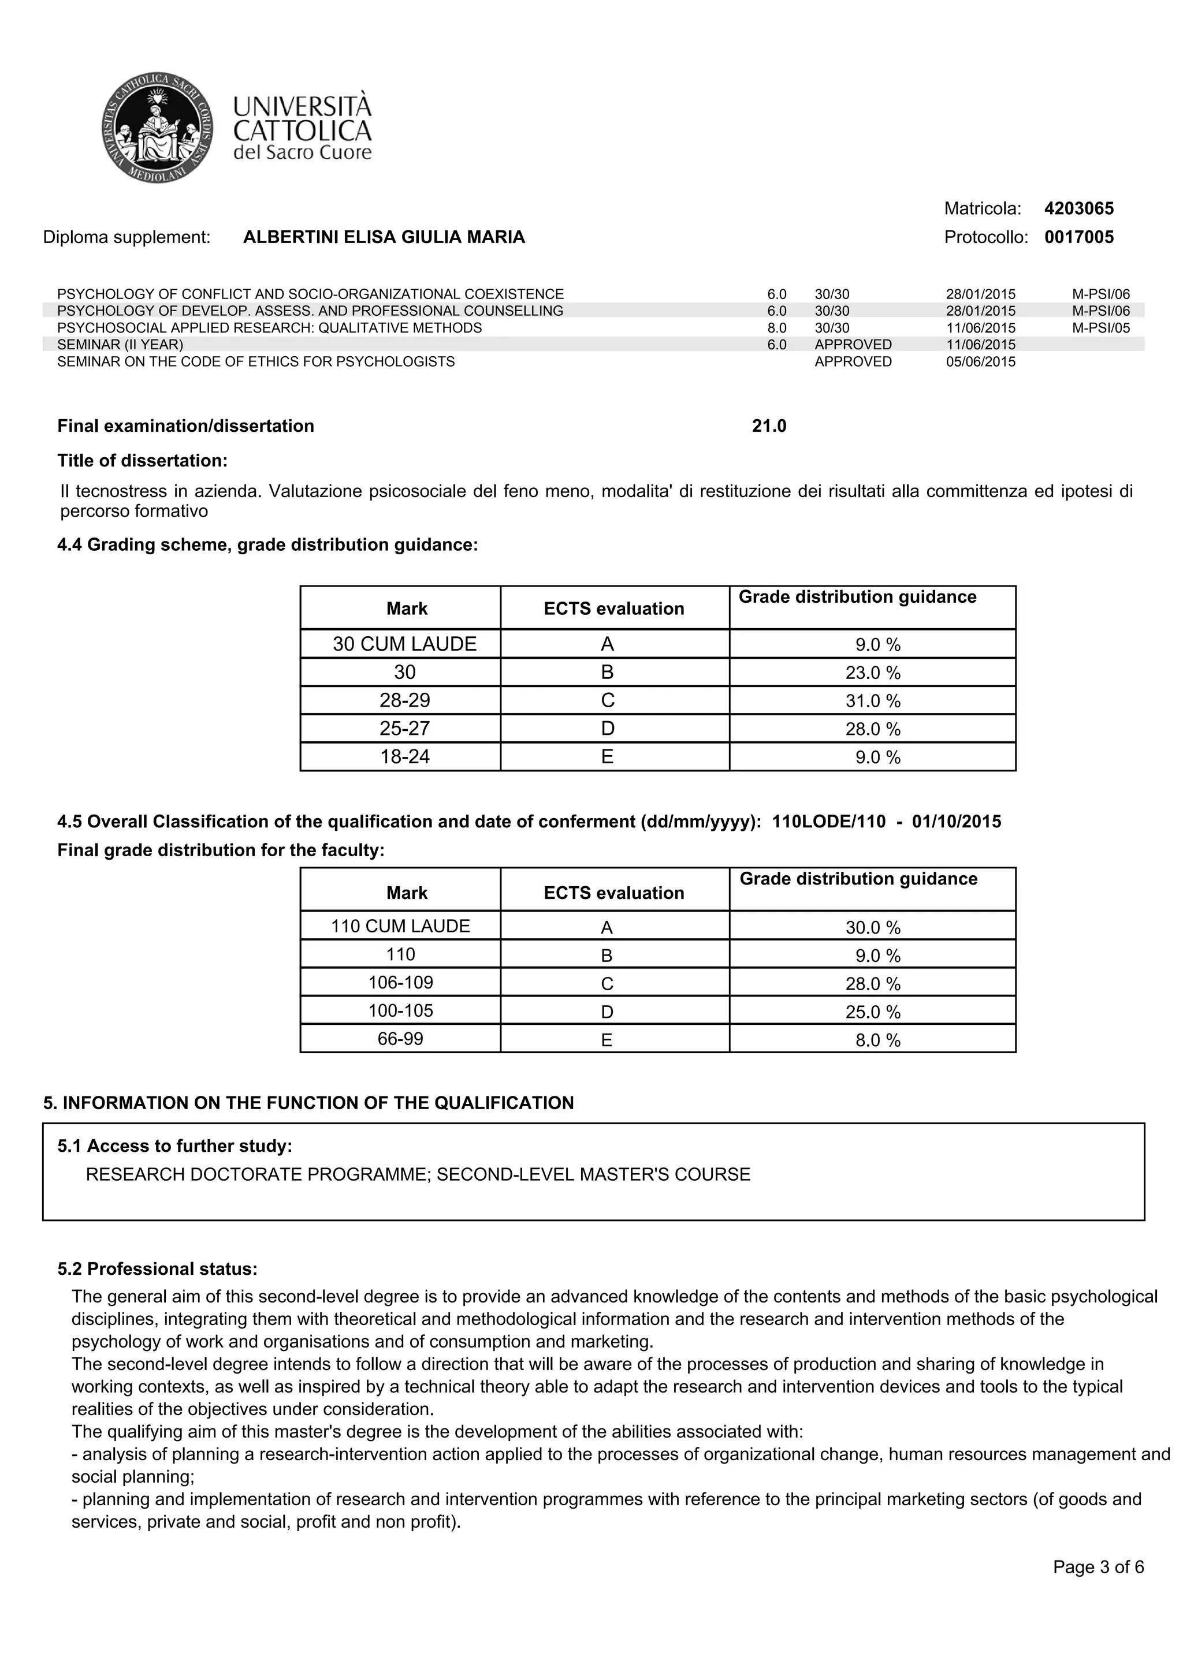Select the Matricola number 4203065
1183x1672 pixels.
[x=1078, y=209]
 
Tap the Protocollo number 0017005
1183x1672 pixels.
[x=1078, y=237]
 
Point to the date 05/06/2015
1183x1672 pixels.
[x=980, y=362]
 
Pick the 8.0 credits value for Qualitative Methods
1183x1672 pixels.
[x=776, y=329]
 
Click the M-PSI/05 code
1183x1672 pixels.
[x=1100, y=329]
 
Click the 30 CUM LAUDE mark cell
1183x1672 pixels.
[x=404, y=644]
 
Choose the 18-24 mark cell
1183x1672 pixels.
[x=404, y=757]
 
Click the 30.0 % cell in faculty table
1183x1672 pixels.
[x=872, y=928]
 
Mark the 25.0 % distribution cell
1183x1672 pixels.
[x=872, y=1012]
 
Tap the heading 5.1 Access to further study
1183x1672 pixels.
[x=175, y=1146]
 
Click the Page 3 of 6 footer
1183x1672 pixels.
[x=1098, y=1567]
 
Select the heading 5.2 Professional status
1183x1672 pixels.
[x=157, y=1269]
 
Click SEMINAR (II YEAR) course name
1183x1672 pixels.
[x=120, y=345]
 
